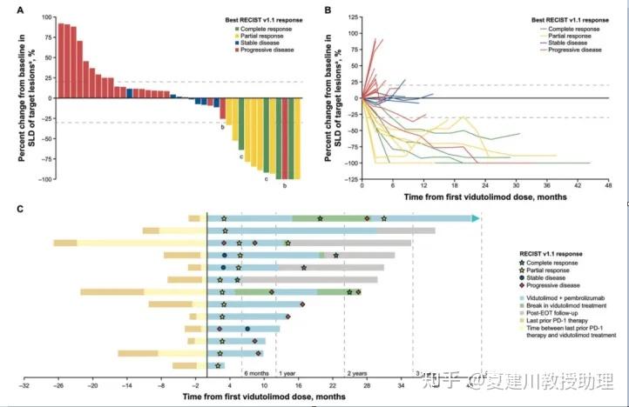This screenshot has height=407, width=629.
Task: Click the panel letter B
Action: coord(327,10)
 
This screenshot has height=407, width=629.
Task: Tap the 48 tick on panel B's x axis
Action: coord(608,185)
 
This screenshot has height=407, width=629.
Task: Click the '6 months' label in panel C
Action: coord(256,372)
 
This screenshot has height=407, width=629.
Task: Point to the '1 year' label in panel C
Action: coord(287,372)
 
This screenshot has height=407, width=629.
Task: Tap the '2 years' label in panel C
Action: coord(356,372)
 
